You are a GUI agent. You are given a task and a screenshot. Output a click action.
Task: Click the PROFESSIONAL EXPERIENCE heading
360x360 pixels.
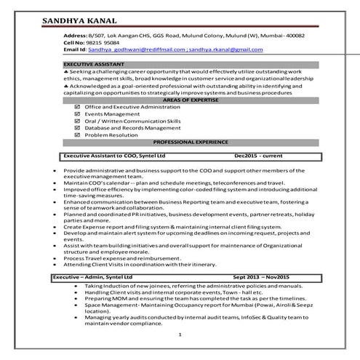pyautogui.click(x=180, y=142)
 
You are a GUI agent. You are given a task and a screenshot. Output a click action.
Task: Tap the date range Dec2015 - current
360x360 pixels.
pyautogui.click(x=259, y=156)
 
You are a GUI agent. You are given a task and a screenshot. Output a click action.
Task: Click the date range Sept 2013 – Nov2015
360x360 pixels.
pyautogui.click(x=261, y=277)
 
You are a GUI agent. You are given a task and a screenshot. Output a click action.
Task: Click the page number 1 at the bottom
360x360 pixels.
pyautogui.click(x=180, y=334)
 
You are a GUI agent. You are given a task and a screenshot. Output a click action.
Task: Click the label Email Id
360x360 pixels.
pyautogui.click(x=75, y=49)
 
